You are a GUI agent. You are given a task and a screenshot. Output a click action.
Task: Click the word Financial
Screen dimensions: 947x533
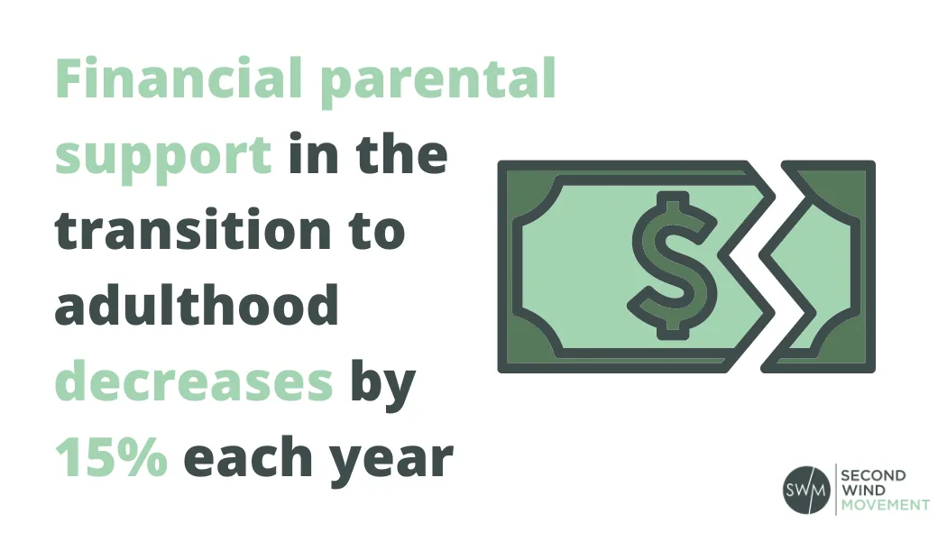[179, 78]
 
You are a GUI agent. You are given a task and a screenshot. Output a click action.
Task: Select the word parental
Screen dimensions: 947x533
[438, 82]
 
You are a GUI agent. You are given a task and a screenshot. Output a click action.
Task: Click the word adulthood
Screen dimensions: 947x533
[197, 304]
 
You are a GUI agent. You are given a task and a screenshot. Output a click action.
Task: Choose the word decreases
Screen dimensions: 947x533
[194, 382]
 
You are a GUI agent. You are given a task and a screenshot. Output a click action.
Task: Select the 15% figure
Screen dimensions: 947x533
[111, 455]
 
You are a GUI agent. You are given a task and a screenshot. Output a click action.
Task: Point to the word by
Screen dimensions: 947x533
[383, 386]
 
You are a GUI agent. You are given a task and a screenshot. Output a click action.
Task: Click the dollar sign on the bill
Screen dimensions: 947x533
[672, 265]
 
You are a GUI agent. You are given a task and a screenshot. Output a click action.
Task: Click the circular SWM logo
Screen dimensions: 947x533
[806, 490]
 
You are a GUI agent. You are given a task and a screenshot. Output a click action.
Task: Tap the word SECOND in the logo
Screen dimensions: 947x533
[873, 475]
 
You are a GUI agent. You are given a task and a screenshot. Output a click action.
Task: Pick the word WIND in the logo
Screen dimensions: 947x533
[863, 490]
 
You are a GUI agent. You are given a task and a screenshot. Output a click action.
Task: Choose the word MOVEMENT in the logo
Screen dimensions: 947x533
[886, 505]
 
